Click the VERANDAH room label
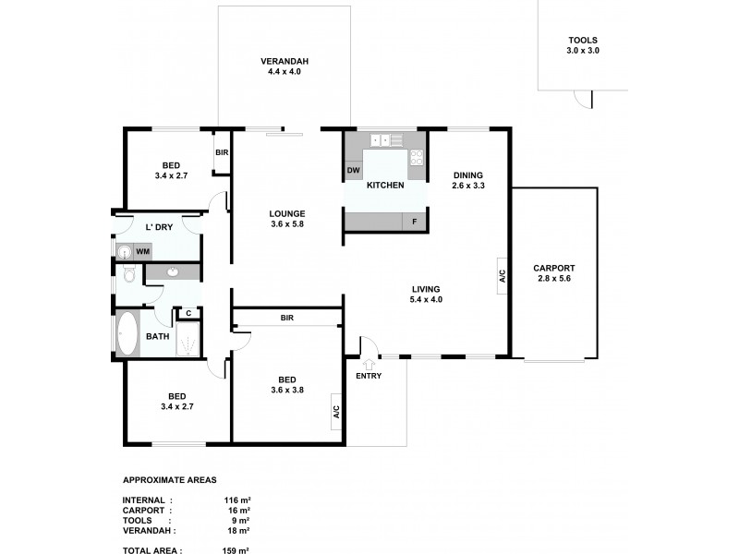click(284, 62)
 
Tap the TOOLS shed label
click(583, 41)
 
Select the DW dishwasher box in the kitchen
click(353, 170)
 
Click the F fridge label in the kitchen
click(415, 221)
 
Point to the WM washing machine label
click(143, 250)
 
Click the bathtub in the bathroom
click(127, 334)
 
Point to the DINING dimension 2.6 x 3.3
click(468, 186)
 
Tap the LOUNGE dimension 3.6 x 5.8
click(287, 224)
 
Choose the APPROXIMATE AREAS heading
click(170, 481)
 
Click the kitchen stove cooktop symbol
click(417, 156)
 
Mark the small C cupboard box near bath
click(188, 314)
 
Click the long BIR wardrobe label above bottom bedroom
click(286, 318)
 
